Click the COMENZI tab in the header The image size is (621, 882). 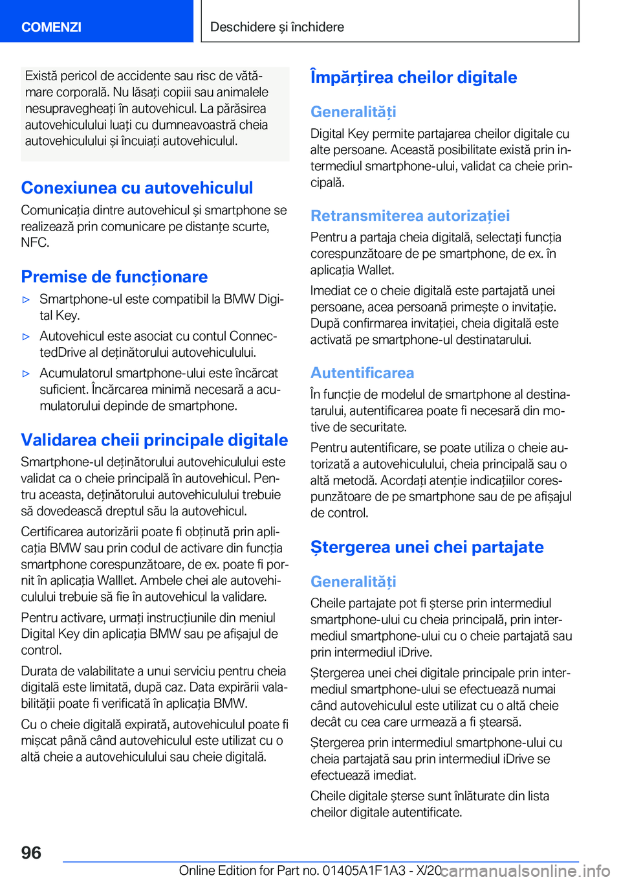pyautogui.click(x=51, y=27)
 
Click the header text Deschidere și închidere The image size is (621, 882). pyautogui.click(x=277, y=27)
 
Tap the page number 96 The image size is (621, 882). pyautogui.click(x=31, y=852)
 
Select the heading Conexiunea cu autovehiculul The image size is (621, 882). pyautogui.click(x=136, y=188)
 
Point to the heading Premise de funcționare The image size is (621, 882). pyautogui.click(x=114, y=277)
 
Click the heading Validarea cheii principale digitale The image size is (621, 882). pyautogui.click(x=154, y=440)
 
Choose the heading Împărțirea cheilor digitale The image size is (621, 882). pyautogui.click(x=413, y=77)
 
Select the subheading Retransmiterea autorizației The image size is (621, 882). pyautogui.click(x=409, y=216)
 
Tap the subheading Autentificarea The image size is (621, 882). pyautogui.click(x=362, y=373)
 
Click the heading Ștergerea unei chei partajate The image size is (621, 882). pyautogui.click(x=427, y=547)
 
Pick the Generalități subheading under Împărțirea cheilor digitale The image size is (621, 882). pyautogui.click(x=353, y=111)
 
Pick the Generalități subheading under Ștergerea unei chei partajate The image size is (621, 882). pyautogui.click(x=353, y=582)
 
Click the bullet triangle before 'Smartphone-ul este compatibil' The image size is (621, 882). pyautogui.click(x=27, y=300)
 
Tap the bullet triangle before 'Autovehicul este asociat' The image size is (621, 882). pyautogui.click(x=27, y=337)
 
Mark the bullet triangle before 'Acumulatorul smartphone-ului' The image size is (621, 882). pyautogui.click(x=27, y=374)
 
